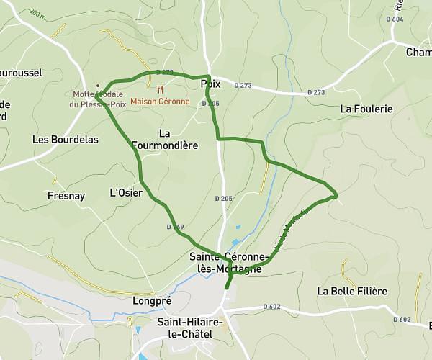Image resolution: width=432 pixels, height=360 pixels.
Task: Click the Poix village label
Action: point(211,84)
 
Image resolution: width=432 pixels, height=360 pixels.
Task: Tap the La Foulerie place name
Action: point(366,109)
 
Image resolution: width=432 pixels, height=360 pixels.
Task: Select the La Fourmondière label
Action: point(165,139)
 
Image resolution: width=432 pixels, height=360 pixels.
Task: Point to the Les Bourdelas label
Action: point(66,140)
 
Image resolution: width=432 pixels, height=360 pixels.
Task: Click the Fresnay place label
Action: point(66,196)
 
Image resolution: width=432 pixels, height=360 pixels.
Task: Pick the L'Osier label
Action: point(125,193)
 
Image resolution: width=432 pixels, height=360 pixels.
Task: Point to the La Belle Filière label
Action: point(352,292)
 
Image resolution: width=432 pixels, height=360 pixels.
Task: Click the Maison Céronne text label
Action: point(160,102)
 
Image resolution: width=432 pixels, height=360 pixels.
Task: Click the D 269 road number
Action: point(176,227)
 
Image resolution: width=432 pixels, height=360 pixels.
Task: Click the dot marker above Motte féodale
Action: point(98,86)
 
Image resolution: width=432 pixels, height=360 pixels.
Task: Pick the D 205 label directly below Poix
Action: point(210,104)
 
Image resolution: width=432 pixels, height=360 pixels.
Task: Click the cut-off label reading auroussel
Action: point(21,73)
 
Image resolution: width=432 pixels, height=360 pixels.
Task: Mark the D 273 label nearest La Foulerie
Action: point(315,92)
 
